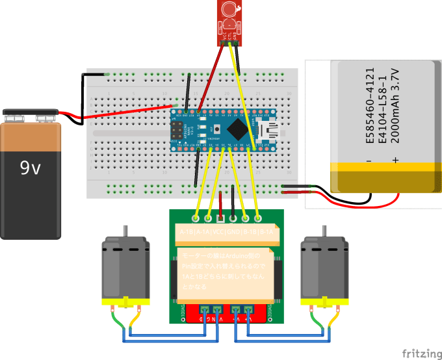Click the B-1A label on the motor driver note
click(x=266, y=231)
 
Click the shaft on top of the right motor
click(x=323, y=231)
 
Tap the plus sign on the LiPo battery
click(x=395, y=160)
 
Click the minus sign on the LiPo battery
click(x=369, y=160)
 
